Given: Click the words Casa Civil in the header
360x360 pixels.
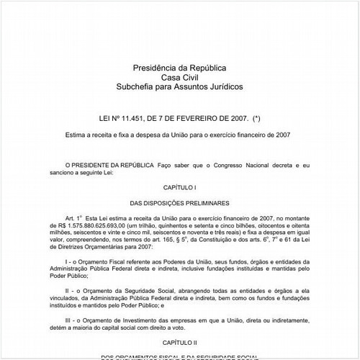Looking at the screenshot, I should click(x=179, y=77).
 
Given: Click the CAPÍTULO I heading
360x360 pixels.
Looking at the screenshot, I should click(x=179, y=187).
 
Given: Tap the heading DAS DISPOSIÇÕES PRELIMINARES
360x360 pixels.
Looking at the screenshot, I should click(x=179, y=204).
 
